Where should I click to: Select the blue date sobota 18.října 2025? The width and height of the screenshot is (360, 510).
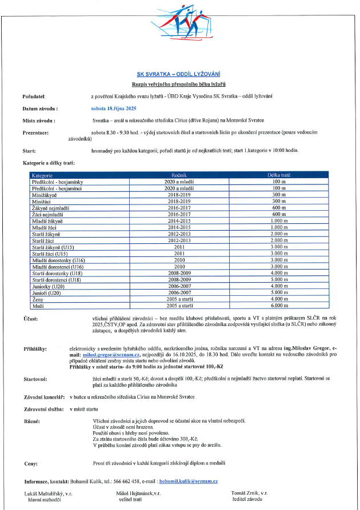coord(114,107)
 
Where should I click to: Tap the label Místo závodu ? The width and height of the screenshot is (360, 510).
coord(39,121)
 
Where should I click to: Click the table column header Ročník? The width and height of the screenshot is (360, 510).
coord(179,174)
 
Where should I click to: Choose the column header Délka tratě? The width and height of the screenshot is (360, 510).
coord(278,174)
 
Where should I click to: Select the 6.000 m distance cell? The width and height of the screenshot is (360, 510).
coord(278,306)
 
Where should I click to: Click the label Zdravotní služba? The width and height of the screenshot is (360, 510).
coord(43,409)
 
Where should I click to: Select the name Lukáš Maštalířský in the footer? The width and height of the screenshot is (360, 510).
coord(48,493)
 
